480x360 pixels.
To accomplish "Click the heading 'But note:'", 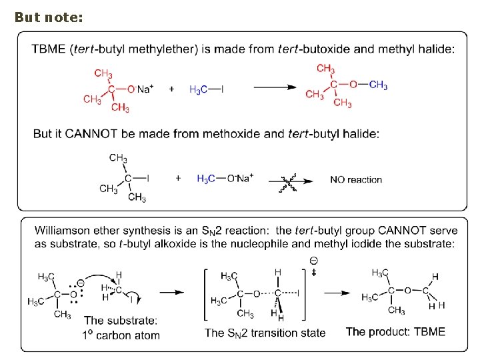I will tap(49, 17).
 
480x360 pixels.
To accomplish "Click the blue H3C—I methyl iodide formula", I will tap(207, 89).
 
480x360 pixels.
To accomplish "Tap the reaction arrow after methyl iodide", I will tap(275, 87).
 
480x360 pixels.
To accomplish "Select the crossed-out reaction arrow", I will tap(291, 179).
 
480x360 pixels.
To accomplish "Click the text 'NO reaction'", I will tap(356, 179).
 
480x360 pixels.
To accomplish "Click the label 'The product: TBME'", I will tap(395, 331).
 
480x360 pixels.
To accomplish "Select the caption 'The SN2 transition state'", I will tap(265, 333).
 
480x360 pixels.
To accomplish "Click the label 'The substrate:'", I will tap(121, 321).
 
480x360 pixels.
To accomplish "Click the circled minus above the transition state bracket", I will tap(313, 260).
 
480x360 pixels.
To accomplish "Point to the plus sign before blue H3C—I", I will tap(171, 88).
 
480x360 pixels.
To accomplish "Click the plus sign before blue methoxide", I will tap(178, 178).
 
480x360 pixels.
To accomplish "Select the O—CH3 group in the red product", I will tap(369, 85).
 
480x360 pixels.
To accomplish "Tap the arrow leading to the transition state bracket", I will tap(172, 292).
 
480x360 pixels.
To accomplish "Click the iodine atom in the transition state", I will tap(298, 292).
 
